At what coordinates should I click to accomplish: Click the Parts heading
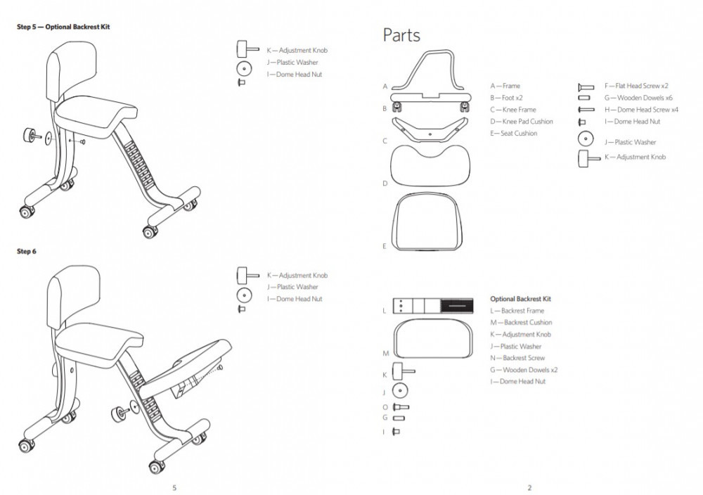[x=401, y=35]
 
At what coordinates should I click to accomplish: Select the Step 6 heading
[x=27, y=251]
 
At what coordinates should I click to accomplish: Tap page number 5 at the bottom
[x=174, y=487]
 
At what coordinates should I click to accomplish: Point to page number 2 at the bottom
[x=529, y=487]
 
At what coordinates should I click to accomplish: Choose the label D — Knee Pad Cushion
[x=521, y=122]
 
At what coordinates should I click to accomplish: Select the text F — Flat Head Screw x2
[x=636, y=86]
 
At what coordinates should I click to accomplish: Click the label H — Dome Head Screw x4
[x=640, y=110]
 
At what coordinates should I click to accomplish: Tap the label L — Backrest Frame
[x=517, y=311]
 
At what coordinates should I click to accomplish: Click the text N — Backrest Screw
[x=517, y=358]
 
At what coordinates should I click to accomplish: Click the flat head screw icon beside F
[x=586, y=86]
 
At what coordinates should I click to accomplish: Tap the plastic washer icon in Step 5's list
[x=244, y=68]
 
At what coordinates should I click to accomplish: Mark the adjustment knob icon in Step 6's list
[x=243, y=273]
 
